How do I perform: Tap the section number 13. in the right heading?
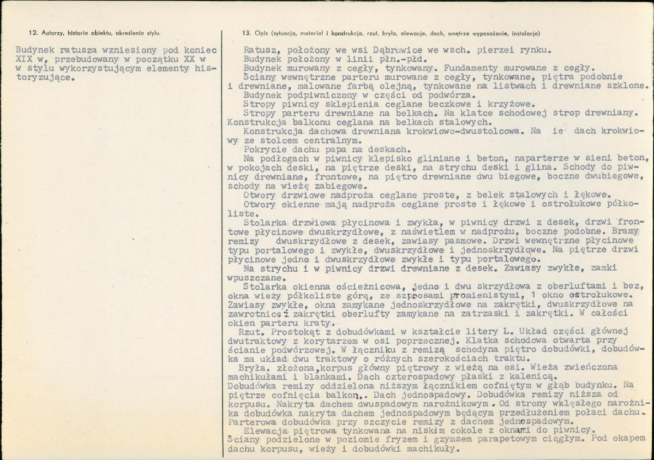245,32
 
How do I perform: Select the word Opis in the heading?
260,32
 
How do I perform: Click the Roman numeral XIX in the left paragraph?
25,58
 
